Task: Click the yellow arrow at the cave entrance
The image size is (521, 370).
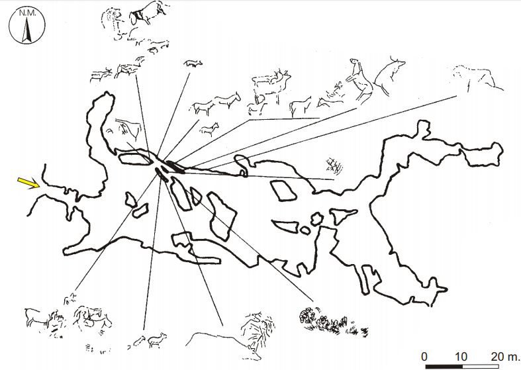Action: coord(26,181)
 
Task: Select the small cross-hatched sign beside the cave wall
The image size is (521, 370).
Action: coord(335,165)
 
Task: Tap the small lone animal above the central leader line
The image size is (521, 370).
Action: coord(193,64)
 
